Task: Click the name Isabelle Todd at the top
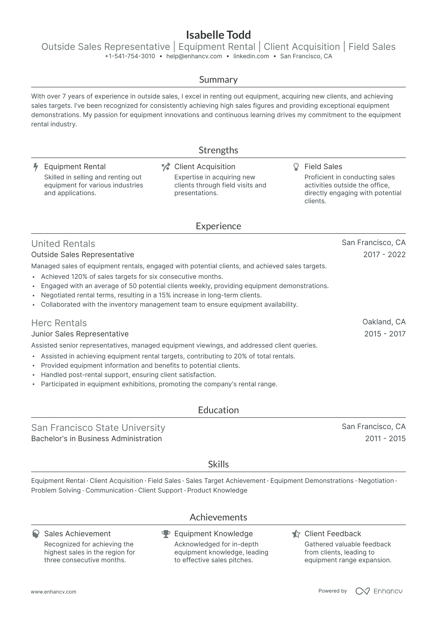(218, 35)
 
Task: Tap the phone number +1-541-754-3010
(130, 56)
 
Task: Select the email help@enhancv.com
(194, 56)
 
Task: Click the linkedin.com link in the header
(251, 56)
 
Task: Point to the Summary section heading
(218, 80)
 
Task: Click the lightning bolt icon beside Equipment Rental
(36, 167)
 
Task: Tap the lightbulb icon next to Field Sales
(296, 167)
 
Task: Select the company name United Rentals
(63, 244)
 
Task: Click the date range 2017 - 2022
(384, 255)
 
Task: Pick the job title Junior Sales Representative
(80, 334)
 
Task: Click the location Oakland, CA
(384, 322)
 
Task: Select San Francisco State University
(98, 428)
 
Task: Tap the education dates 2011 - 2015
(385, 439)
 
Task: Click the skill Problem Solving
(56, 490)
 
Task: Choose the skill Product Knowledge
(217, 490)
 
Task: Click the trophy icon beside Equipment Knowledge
(166, 534)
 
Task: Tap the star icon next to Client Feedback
(296, 534)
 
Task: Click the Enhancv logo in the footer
(379, 591)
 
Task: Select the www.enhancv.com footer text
(54, 592)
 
